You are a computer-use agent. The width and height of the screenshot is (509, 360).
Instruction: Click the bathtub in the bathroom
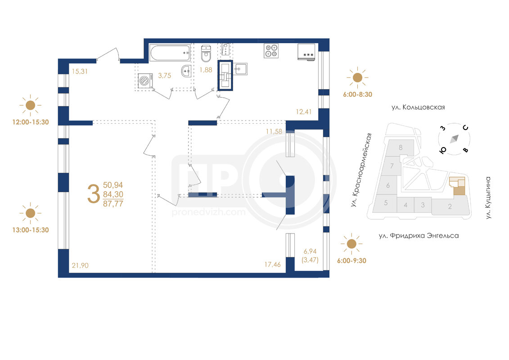point(170,53)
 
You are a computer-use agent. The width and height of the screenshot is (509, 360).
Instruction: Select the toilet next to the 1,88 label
point(206,54)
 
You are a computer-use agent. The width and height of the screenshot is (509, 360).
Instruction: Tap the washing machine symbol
point(145,81)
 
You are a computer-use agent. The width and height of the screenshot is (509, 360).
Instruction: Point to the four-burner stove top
point(271,51)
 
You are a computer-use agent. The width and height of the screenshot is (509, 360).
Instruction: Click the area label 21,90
point(80,265)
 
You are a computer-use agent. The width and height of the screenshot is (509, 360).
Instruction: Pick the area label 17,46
point(272,265)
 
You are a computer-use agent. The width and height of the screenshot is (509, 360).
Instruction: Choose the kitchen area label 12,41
point(303,112)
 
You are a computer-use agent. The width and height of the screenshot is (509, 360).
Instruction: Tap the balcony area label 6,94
point(310,251)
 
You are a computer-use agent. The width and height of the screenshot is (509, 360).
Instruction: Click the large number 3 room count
point(94,194)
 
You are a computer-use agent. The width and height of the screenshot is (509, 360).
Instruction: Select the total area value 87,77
point(113,204)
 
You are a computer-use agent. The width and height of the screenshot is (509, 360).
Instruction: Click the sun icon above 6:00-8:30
point(357,77)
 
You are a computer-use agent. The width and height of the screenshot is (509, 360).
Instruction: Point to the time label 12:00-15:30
point(31,122)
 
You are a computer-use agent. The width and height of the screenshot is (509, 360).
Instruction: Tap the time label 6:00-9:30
point(351,261)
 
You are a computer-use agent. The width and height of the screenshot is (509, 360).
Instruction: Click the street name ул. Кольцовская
point(418,107)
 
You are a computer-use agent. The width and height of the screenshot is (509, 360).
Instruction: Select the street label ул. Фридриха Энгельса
point(419,236)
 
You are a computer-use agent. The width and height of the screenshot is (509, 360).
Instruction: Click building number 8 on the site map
point(401,148)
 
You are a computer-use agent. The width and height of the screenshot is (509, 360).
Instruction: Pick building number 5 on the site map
point(386,203)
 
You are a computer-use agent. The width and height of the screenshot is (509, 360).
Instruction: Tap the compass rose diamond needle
point(454,139)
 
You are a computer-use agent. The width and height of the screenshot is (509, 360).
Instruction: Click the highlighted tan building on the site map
point(457,186)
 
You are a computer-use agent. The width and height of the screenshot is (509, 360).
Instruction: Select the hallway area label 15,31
point(80,72)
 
